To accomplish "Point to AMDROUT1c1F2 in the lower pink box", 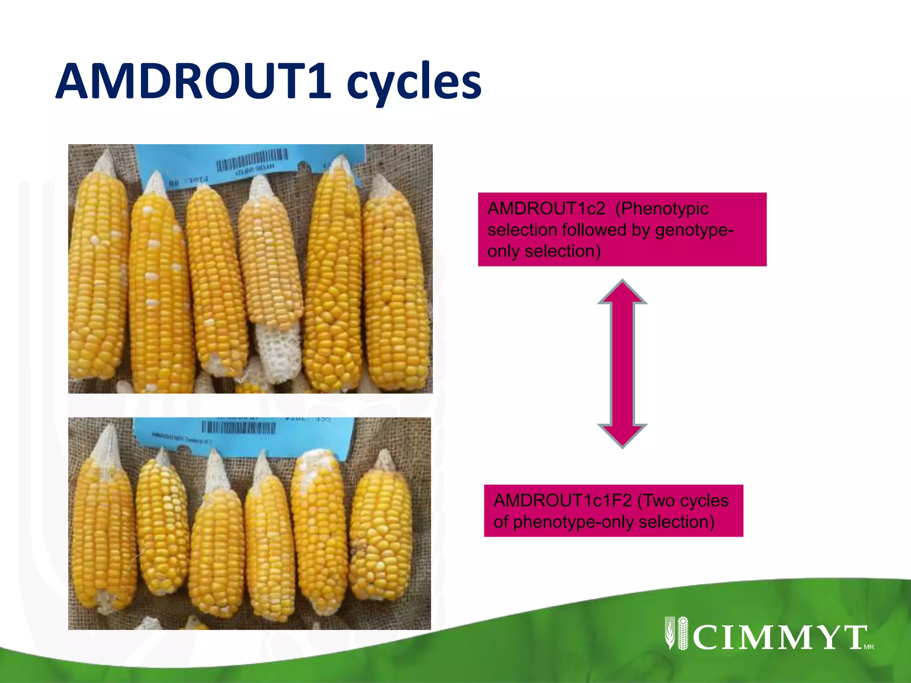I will [562, 501].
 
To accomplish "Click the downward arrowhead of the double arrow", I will [622, 436].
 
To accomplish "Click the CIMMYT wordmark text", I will [778, 637].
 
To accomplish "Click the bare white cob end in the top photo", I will [280, 351].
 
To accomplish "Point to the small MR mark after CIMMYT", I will [869, 647].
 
